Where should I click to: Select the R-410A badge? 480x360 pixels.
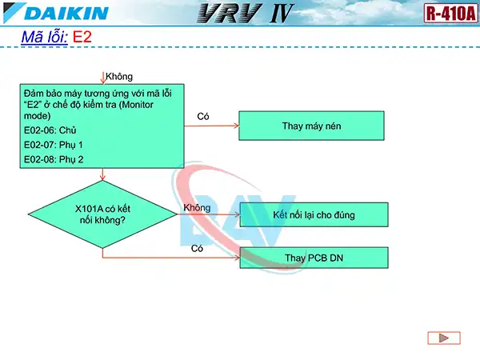(450, 14)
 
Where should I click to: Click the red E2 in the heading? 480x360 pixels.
(82, 38)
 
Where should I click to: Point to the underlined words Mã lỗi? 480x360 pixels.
(43, 38)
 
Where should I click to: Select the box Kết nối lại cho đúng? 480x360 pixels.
(314, 214)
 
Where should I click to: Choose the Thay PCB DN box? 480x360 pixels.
(314, 258)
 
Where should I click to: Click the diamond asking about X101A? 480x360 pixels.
(102, 214)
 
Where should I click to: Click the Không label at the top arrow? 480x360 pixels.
(119, 76)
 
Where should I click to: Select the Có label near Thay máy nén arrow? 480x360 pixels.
(203, 117)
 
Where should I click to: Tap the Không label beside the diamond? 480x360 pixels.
(197, 207)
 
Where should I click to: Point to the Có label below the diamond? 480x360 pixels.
(197, 249)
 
